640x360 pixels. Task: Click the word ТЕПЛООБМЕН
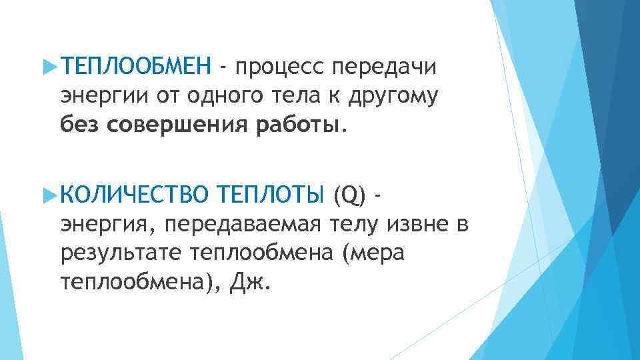[x=135, y=67]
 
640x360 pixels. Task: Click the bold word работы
[x=296, y=123]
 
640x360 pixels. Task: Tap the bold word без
[x=81, y=123]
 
